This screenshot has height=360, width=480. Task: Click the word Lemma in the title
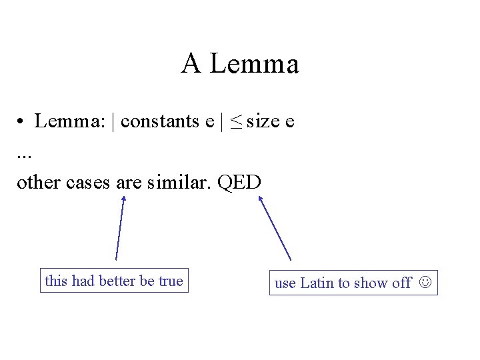pyautogui.click(x=254, y=64)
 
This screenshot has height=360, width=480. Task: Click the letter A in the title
pyautogui.click(x=191, y=64)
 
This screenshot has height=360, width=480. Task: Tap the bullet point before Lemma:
pyautogui.click(x=22, y=122)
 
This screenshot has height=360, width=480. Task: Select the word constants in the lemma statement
pyautogui.click(x=160, y=121)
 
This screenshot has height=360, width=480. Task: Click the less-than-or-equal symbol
pyautogui.click(x=237, y=122)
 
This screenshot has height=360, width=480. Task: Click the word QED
pyautogui.click(x=239, y=181)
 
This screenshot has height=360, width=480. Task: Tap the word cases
pyautogui.click(x=89, y=182)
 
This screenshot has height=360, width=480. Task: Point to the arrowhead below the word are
pyautogui.click(x=123, y=198)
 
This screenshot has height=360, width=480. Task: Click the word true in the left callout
pyautogui.click(x=170, y=281)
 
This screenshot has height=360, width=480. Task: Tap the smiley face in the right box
pyautogui.click(x=425, y=283)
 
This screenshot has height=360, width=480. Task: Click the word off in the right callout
pyautogui.click(x=401, y=283)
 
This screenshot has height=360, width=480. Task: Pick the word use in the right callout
pyautogui.click(x=285, y=283)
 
